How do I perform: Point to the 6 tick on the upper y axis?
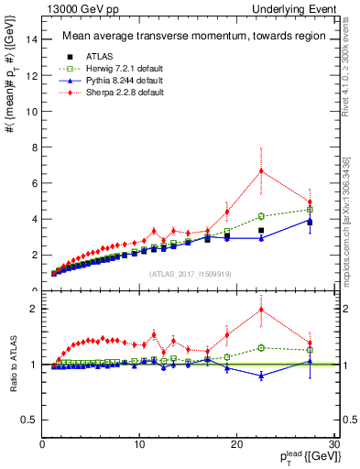(x=35, y=183)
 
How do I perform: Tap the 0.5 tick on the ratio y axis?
(x=31, y=420)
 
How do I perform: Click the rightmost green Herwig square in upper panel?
(x=310, y=210)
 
